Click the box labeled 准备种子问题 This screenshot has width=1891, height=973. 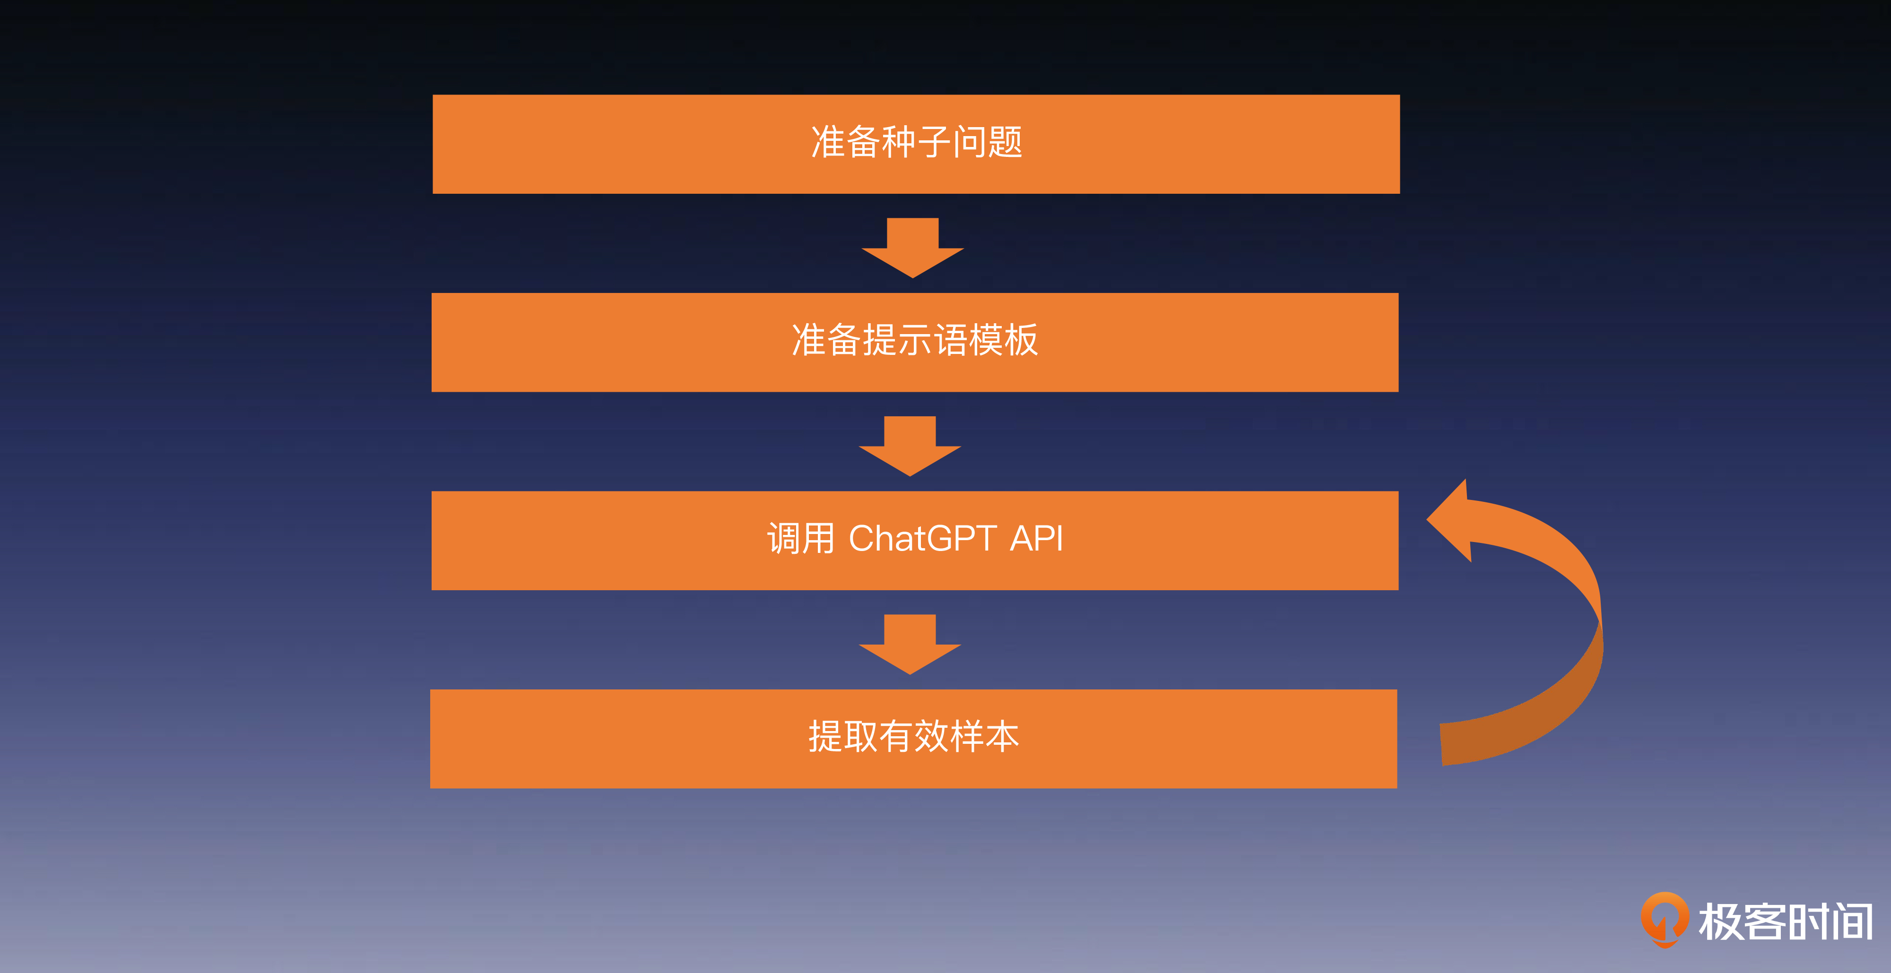916,144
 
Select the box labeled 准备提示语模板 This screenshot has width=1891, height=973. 915,342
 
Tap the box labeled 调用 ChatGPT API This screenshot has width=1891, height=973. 915,540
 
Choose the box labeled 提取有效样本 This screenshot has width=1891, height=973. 913,738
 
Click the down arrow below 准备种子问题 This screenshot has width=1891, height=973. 912,247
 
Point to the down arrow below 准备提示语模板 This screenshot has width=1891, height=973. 910,446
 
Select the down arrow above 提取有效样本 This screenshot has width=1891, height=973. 910,644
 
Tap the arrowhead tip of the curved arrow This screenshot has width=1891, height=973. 1427,519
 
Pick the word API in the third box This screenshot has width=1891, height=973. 1037,539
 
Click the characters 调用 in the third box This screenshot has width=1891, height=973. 800,539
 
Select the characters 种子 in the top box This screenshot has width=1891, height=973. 916,142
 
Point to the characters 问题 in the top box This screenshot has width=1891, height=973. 988,142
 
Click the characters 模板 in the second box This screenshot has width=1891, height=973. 1003,340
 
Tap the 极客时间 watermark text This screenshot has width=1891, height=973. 1785,921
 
